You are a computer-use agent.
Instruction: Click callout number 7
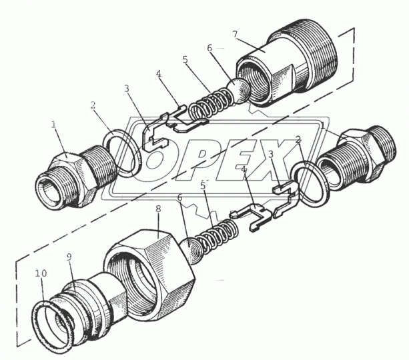pyautogui.click(x=235, y=34)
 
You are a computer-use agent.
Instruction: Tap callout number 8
pyautogui.click(x=158, y=209)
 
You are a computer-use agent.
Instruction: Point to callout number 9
pyautogui.click(x=69, y=257)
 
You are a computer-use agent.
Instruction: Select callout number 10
pyautogui.click(x=41, y=273)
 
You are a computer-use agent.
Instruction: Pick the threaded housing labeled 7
pyautogui.click(x=286, y=63)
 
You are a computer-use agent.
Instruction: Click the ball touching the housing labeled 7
pyautogui.click(x=239, y=91)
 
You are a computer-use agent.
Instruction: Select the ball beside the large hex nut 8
pyautogui.click(x=191, y=251)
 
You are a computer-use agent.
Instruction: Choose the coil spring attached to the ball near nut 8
pyautogui.click(x=217, y=236)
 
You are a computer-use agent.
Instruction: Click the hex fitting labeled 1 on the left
pyautogui.click(x=76, y=177)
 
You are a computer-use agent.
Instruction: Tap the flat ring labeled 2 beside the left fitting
pyautogui.click(x=123, y=153)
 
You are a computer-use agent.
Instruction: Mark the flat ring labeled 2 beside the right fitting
pyautogui.click(x=310, y=184)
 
